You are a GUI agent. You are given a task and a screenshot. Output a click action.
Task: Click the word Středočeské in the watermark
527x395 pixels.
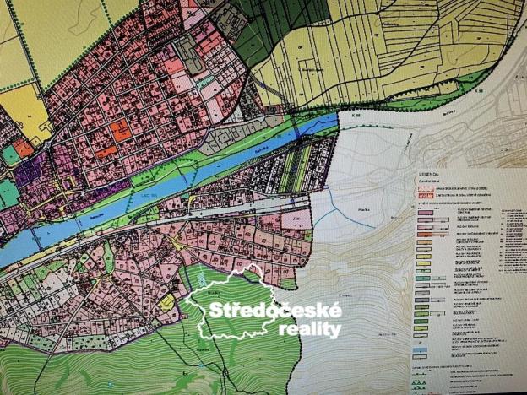coord(277,311)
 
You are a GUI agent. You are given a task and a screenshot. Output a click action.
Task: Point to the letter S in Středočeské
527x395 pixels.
coord(216,311)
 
